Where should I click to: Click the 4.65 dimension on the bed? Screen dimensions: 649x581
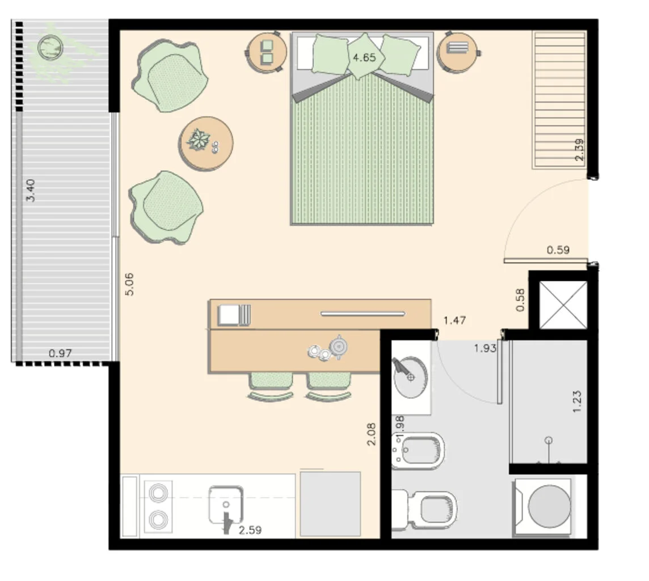(x=364, y=57)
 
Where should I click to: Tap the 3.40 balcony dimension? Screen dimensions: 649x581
(x=31, y=190)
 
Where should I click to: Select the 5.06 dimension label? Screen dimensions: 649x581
(x=129, y=284)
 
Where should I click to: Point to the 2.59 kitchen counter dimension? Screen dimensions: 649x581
(x=250, y=530)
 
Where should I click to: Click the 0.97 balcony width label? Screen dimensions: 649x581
(x=60, y=353)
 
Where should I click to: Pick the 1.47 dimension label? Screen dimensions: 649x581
(x=454, y=321)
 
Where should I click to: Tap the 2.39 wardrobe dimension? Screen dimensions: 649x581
(x=579, y=149)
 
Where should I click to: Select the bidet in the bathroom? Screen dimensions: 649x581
(x=418, y=451)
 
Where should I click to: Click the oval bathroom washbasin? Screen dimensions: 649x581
(x=410, y=377)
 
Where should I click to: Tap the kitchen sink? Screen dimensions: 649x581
(x=226, y=504)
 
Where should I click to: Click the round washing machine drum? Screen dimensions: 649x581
(x=549, y=506)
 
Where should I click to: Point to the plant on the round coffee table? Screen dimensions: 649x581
(x=198, y=140)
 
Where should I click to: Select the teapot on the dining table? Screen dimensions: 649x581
(x=338, y=347)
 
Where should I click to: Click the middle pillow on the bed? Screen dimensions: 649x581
(x=364, y=56)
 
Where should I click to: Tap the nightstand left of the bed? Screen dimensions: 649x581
(x=267, y=53)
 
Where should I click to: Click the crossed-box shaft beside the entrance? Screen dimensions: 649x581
(x=563, y=305)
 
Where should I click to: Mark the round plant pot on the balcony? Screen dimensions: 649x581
(x=50, y=48)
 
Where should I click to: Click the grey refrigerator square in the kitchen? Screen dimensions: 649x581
(x=330, y=504)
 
